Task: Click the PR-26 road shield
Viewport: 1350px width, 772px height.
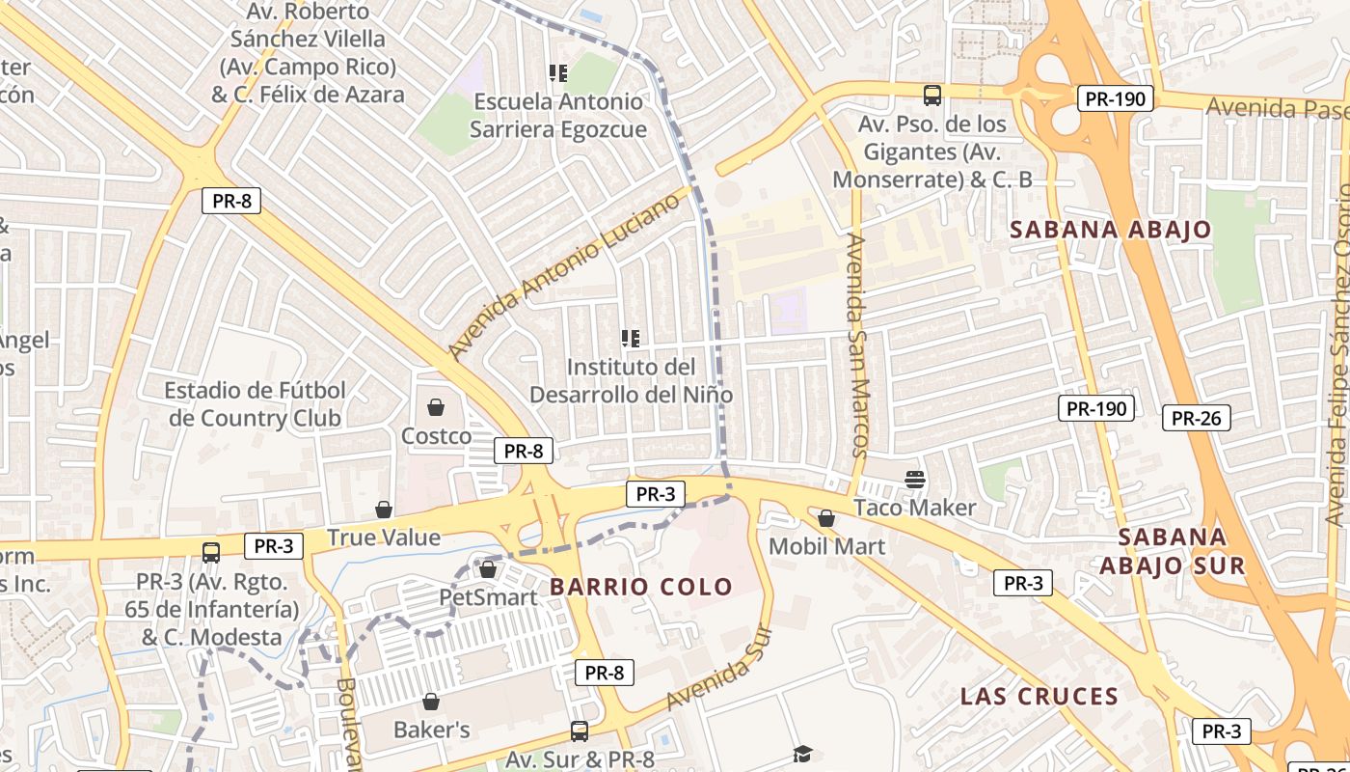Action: click(1196, 418)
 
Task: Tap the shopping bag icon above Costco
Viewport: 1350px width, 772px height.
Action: click(436, 407)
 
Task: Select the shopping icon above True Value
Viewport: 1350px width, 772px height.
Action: click(384, 509)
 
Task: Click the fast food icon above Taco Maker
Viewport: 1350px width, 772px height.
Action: click(914, 479)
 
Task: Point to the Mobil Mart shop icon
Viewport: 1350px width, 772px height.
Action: click(826, 518)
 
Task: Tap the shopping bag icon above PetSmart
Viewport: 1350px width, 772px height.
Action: click(488, 569)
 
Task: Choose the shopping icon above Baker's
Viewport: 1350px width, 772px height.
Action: click(431, 702)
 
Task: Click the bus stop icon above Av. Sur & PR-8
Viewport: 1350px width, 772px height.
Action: click(580, 731)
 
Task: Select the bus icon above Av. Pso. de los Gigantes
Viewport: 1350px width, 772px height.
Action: click(932, 96)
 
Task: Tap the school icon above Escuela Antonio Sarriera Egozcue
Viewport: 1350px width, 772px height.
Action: click(557, 73)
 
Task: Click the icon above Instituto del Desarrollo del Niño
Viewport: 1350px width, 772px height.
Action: click(631, 339)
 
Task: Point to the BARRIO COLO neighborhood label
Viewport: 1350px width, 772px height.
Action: click(641, 586)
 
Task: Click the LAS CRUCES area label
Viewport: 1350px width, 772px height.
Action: click(1039, 696)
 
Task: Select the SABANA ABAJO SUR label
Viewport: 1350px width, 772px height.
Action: click(1173, 550)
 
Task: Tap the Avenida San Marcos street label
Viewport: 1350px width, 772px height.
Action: click(856, 345)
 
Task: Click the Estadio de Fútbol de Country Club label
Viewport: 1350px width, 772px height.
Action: click(256, 404)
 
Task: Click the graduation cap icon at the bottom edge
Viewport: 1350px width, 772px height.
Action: click(802, 754)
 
